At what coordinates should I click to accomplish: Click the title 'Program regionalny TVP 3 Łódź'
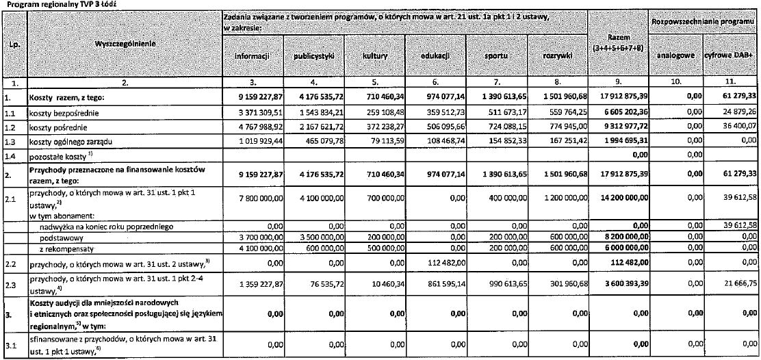tap(43, 4)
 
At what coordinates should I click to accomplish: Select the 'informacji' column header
tap(250, 56)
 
